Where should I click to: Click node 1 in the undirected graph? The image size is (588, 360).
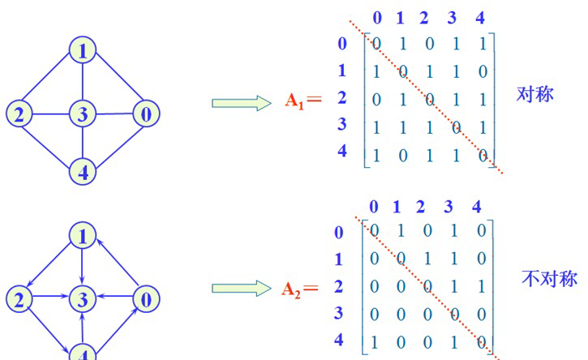(83, 51)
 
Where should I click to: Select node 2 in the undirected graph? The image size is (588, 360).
(19, 114)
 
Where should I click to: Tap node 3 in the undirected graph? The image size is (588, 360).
(83, 114)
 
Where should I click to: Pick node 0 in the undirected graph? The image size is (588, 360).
(145, 114)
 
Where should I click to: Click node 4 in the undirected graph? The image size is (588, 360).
(83, 171)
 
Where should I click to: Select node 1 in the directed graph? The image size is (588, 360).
(83, 237)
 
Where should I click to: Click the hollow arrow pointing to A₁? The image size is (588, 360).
(240, 103)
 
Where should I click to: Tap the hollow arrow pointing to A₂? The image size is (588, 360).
(240, 288)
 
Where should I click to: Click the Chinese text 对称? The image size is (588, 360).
(534, 94)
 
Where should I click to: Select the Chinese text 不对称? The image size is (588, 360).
(548, 279)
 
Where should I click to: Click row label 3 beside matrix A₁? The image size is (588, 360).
(342, 124)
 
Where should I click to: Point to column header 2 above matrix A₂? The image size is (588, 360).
(420, 207)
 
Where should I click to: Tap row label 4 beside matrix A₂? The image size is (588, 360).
(339, 339)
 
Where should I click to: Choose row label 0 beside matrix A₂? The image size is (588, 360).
(339, 233)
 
